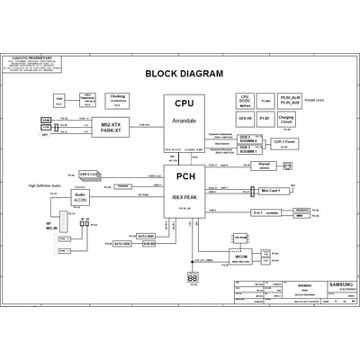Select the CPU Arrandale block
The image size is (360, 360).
[x=184, y=124]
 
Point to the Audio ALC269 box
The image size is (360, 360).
[x=81, y=199]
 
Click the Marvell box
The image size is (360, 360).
[x=265, y=166]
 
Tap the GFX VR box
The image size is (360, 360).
[x=244, y=117]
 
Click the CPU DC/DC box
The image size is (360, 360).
[x=244, y=99]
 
